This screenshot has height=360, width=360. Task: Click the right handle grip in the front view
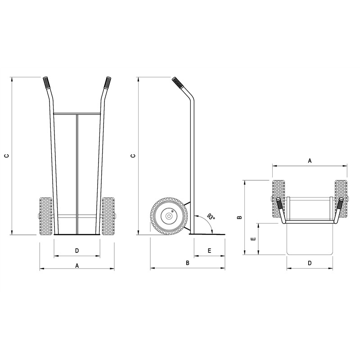[x=108, y=82]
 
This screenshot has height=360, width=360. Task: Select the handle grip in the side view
[x=176, y=83]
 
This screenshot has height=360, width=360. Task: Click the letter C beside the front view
[x=6, y=156]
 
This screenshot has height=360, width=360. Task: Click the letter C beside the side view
[x=132, y=156]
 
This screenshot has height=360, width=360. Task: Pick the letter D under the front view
[x=77, y=250]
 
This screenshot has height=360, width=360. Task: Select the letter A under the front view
[x=77, y=265]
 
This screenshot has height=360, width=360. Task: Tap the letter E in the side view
[x=209, y=250]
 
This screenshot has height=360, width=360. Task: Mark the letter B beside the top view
[x=240, y=217]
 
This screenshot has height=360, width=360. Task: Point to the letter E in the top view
[x=253, y=239]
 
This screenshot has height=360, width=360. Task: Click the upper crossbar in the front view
[x=77, y=113]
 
